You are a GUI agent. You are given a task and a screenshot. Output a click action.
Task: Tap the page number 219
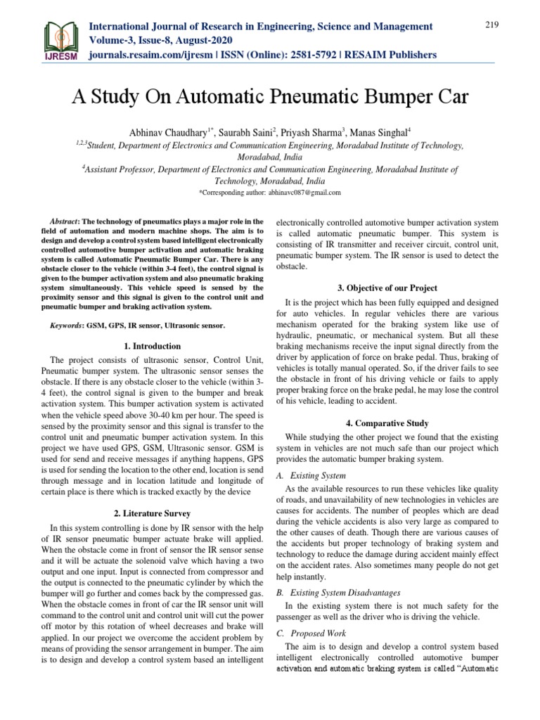point(491,25)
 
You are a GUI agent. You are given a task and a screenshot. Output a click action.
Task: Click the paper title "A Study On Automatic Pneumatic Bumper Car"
point(269,97)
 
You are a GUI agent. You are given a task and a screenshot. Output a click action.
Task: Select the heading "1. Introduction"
point(152,346)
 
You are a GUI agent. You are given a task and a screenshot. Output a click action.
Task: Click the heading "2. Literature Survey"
point(152,513)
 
